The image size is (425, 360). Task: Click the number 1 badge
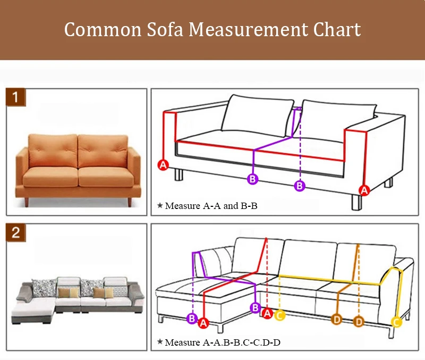[16, 97]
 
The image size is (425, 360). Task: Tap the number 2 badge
[16, 232]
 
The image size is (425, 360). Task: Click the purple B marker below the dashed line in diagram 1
[300, 186]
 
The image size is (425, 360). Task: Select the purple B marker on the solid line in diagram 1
[253, 179]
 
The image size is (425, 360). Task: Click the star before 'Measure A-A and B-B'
[159, 205]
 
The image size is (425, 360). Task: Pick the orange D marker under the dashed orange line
[359, 321]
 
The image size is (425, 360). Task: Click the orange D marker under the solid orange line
[337, 319]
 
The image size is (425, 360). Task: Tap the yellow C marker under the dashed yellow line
[280, 315]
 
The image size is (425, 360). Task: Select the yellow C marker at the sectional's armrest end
[396, 321]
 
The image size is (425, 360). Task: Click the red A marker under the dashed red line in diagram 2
[268, 314]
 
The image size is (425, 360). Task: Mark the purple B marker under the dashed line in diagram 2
[192, 319]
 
